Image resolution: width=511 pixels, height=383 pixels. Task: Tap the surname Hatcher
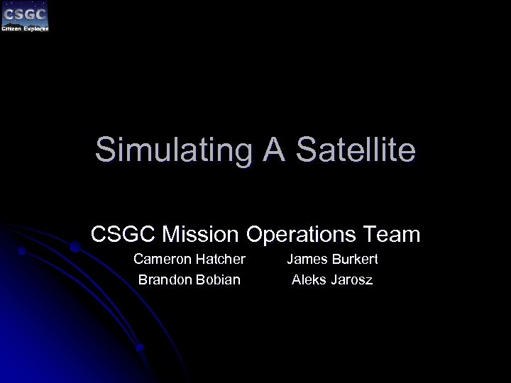click(x=220, y=260)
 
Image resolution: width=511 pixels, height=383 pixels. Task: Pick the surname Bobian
click(x=218, y=279)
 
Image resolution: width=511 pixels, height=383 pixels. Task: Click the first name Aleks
click(x=309, y=279)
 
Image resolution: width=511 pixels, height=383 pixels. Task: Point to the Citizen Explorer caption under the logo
click(x=26, y=28)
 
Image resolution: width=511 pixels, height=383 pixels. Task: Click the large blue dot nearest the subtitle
click(x=74, y=248)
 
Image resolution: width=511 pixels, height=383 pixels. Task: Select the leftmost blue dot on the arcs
click(x=22, y=251)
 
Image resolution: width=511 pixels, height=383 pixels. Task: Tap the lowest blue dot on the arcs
click(x=140, y=348)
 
